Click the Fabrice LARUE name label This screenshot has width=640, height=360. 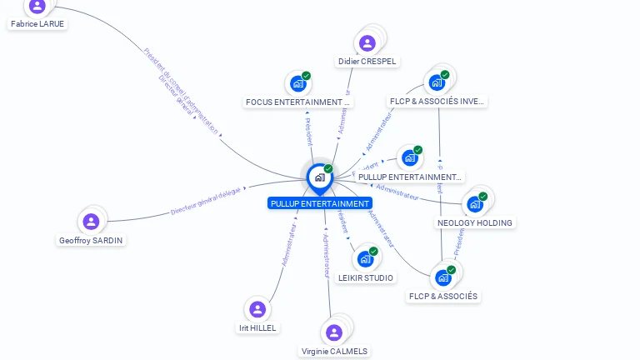click(37, 24)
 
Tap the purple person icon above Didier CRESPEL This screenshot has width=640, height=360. click(367, 43)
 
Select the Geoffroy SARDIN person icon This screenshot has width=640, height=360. click(91, 222)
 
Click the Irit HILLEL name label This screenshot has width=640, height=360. click(257, 327)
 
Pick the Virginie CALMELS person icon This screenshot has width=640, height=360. click(334, 332)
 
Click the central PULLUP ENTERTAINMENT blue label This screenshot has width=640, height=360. click(320, 203)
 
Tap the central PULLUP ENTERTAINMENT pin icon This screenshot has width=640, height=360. click(319, 177)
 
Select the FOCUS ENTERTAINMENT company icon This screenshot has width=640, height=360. click(298, 84)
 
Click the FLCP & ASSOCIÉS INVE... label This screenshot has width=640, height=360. click(437, 102)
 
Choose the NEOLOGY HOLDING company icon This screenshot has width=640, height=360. click(475, 203)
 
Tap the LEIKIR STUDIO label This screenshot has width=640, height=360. click(366, 277)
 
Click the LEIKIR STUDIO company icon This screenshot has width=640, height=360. click(365, 259)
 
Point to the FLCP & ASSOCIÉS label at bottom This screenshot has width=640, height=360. click(443, 296)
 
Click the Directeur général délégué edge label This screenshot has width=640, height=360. click(205, 202)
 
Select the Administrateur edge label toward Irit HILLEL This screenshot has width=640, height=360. click(289, 244)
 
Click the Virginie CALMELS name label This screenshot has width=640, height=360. click(334, 351)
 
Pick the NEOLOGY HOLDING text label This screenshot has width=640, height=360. click(475, 222)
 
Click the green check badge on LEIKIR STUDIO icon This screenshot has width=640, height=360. click(373, 251)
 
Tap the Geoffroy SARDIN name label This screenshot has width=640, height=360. click(92, 240)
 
